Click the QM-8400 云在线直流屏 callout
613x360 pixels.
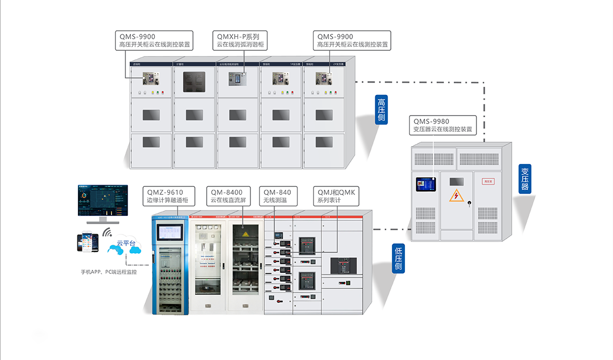pos(228,196)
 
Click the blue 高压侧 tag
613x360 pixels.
pos(382,109)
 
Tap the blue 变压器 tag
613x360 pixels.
pos(525,179)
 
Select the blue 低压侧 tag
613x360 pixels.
pos(398,259)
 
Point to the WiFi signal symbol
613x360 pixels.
pos(107,231)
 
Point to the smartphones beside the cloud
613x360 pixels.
pos(87,242)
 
